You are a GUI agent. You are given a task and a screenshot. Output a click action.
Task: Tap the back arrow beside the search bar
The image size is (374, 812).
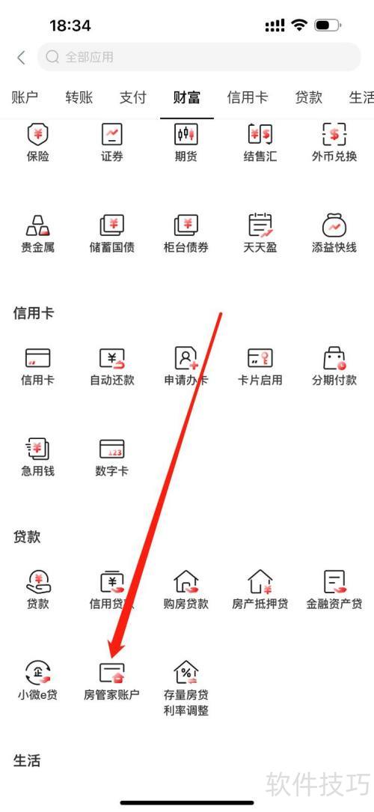click(x=21, y=57)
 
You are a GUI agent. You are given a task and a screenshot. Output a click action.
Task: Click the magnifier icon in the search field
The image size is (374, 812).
click(x=52, y=57)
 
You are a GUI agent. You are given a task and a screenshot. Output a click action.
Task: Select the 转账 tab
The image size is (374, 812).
click(x=79, y=97)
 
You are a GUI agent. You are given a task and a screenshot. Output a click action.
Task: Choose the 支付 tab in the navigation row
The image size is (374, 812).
click(x=133, y=97)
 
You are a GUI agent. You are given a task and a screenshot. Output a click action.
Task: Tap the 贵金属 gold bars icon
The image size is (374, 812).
click(x=37, y=224)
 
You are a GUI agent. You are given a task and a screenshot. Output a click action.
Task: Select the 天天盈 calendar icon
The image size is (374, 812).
click(x=260, y=224)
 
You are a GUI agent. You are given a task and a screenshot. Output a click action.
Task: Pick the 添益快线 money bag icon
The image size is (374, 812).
click(x=334, y=225)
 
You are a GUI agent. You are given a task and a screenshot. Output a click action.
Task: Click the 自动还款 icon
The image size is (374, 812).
click(x=111, y=358)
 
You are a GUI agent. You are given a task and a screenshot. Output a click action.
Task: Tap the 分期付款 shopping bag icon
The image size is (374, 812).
click(x=334, y=358)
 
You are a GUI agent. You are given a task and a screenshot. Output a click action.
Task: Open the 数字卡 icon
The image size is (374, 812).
click(x=111, y=449)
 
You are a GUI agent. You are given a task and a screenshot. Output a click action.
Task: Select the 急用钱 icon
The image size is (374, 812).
click(x=37, y=449)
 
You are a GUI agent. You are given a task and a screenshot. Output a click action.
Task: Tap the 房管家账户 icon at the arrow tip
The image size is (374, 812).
click(x=111, y=672)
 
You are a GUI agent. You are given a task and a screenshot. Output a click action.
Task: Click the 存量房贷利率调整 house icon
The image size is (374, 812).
click(x=186, y=672)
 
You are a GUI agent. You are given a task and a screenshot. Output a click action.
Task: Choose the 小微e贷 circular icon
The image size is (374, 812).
click(x=37, y=672)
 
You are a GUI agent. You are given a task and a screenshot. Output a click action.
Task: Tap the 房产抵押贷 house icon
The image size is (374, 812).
click(x=260, y=582)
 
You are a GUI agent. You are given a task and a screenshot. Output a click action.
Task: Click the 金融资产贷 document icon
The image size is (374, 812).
click(x=334, y=582)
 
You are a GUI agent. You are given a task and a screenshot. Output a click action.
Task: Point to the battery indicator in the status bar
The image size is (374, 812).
click(x=327, y=25)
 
